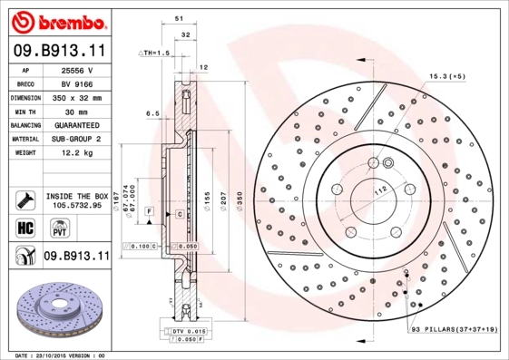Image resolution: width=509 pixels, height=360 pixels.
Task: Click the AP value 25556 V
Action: [x=77, y=70]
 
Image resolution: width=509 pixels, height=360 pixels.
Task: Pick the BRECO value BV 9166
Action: [x=77, y=83]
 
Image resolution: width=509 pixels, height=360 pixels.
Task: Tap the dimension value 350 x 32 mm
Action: [x=77, y=97]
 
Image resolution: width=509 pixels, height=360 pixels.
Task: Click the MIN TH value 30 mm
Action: [x=77, y=111]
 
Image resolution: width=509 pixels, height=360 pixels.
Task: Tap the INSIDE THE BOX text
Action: [x=77, y=196]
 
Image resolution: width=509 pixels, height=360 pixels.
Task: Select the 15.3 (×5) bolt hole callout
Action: [x=446, y=77]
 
